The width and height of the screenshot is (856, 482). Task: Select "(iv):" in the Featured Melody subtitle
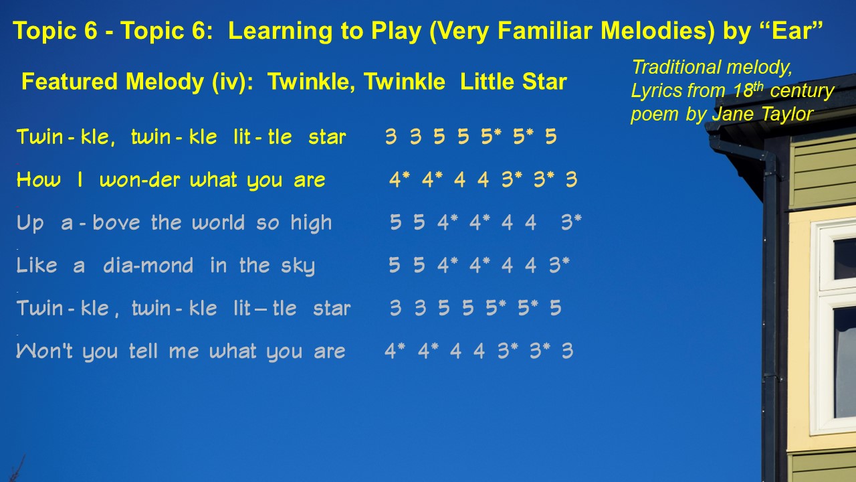(x=233, y=82)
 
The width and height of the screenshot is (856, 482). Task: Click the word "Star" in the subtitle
(x=544, y=82)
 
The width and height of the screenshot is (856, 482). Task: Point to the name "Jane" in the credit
(x=732, y=114)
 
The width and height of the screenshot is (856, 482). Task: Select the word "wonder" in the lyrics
(x=140, y=180)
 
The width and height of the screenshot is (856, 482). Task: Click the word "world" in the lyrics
(x=218, y=222)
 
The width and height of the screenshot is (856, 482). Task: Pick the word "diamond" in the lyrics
(x=148, y=265)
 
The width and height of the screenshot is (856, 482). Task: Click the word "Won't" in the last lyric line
(x=44, y=351)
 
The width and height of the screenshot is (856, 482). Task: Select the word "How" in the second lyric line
(x=39, y=179)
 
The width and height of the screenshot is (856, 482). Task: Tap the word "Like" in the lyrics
(x=37, y=265)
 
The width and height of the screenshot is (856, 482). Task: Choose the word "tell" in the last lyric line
(x=143, y=351)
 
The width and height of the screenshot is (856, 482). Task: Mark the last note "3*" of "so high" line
(x=571, y=222)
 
